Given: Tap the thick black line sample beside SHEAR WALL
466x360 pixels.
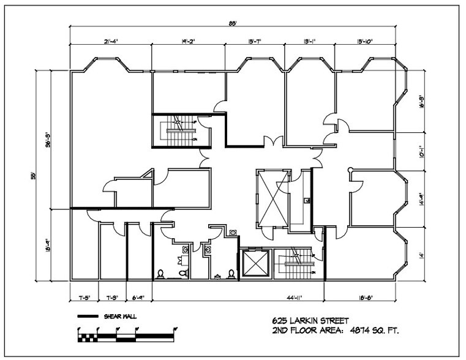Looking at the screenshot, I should (88, 317).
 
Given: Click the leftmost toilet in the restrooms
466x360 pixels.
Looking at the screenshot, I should (160, 273).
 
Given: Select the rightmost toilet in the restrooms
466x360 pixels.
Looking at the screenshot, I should (231, 273).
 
